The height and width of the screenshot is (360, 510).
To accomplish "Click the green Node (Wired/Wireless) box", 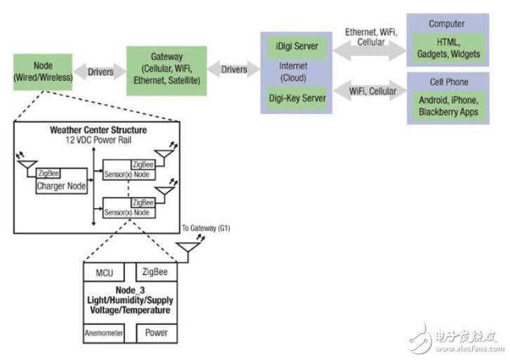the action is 43,72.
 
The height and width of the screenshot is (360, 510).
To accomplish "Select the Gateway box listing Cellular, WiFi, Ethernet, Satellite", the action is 166,70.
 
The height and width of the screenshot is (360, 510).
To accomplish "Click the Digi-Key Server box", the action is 296,98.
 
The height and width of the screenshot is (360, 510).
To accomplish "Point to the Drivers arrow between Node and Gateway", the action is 100,72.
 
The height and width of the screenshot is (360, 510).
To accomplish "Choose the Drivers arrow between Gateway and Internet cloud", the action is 233,70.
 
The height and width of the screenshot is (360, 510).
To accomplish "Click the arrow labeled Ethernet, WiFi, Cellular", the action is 370,51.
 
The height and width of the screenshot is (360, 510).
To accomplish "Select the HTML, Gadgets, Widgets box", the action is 448,48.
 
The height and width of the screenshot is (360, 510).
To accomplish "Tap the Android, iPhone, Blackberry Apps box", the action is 448,105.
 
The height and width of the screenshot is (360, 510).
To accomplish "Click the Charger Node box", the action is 62,181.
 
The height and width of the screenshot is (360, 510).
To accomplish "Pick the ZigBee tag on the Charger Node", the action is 48,173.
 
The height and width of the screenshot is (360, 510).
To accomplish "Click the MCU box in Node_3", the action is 104,272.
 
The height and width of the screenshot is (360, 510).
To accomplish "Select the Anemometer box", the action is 104,333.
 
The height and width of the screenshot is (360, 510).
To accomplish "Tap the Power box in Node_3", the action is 157,333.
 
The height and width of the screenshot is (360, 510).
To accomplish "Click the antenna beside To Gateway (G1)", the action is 188,248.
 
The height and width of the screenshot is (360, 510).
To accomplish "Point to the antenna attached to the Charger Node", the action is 27,165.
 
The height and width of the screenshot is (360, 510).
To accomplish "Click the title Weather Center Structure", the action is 98,130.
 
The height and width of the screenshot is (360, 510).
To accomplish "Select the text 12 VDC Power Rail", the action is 98,140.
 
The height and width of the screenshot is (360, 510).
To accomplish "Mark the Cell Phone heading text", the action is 449,82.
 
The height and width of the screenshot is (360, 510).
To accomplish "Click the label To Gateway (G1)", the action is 206,228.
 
